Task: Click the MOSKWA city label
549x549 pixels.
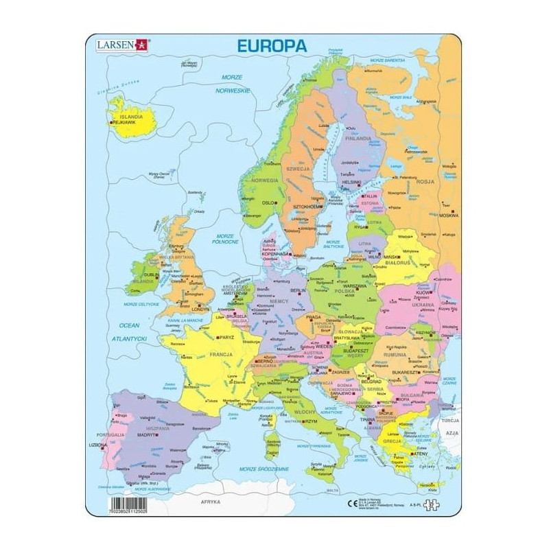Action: (x=449, y=215)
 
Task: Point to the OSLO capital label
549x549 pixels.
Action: (x=268, y=203)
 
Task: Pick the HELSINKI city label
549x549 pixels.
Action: (x=351, y=182)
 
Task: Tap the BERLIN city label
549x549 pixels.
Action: (x=298, y=291)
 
